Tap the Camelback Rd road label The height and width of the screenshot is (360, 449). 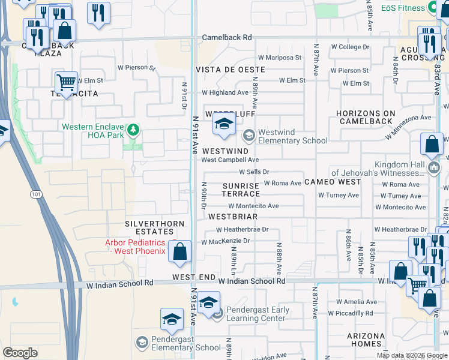pos(226,37)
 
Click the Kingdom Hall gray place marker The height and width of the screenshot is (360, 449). pos(436,165)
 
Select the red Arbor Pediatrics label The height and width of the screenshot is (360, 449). pos(135,247)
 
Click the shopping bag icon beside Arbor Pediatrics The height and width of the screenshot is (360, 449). pos(179,251)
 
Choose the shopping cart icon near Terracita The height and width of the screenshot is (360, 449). pos(66,82)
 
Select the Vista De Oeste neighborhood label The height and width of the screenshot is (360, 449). pos(229,70)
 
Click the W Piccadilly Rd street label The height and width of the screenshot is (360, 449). pos(350,313)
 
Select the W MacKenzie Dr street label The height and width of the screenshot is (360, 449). pos(225,241)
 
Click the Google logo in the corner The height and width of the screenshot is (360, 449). pos(20,353)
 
